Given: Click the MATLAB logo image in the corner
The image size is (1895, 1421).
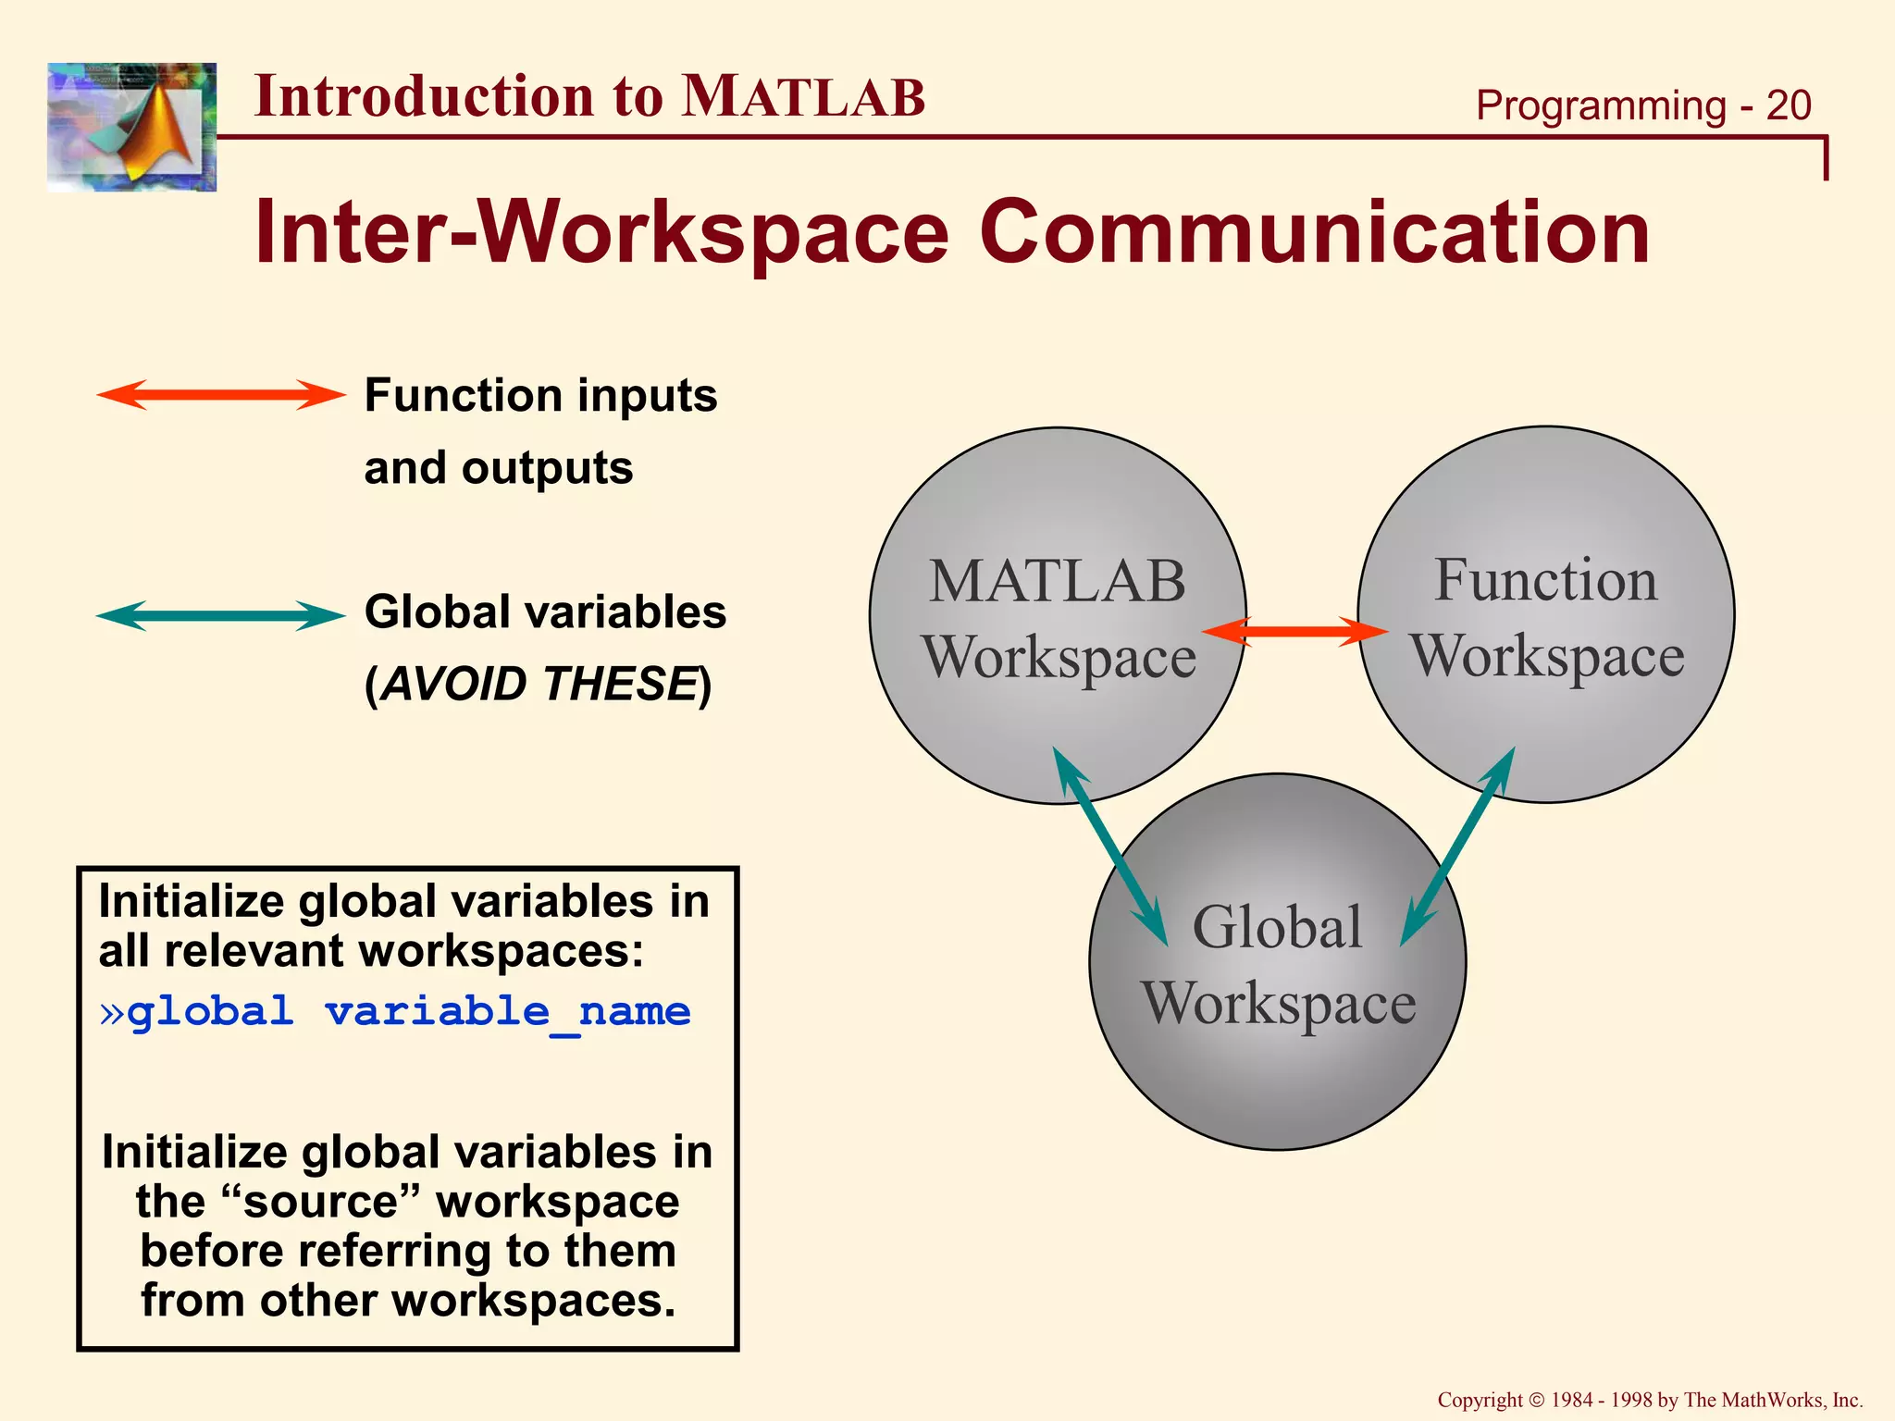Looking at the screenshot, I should (x=131, y=127).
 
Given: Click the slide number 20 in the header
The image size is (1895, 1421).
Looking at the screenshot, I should (x=1788, y=105).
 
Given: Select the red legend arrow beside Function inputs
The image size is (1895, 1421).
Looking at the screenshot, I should (x=220, y=395).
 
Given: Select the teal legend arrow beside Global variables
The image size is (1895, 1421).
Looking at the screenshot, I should (x=220, y=615).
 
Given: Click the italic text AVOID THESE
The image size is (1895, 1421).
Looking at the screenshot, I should (x=539, y=685).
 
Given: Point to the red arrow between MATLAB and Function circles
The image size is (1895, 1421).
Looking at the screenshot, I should (x=1295, y=632).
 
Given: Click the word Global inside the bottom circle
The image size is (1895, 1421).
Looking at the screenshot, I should (x=1277, y=927).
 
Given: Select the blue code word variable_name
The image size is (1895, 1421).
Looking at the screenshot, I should (x=507, y=1011).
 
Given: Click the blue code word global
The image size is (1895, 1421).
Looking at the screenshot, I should (x=211, y=1011).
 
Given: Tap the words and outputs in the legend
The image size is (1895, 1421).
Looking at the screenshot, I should (x=498, y=467).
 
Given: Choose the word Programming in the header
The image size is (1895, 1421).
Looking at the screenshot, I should (x=1601, y=105).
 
